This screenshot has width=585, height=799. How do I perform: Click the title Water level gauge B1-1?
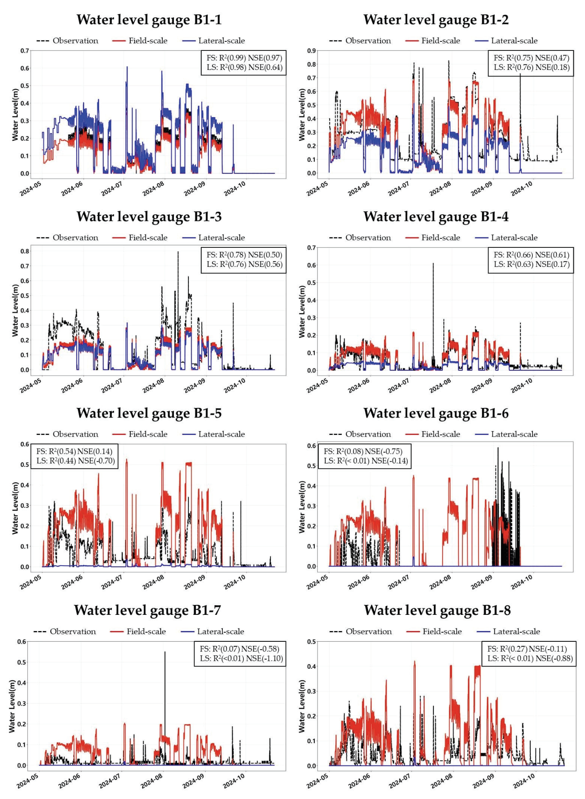(x=149, y=19)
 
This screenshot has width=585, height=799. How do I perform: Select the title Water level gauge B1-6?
(x=436, y=413)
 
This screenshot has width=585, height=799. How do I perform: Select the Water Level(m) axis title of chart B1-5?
(x=15, y=508)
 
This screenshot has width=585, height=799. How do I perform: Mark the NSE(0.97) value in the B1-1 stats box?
(x=265, y=58)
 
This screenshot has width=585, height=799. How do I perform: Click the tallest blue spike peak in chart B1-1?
(x=127, y=67)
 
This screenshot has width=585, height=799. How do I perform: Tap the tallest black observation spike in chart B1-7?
(x=165, y=652)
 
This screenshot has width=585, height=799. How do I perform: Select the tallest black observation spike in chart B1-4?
(x=433, y=263)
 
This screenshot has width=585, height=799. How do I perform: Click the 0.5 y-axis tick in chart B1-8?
(x=311, y=642)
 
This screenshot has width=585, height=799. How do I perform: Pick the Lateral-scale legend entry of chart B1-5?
(x=221, y=434)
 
